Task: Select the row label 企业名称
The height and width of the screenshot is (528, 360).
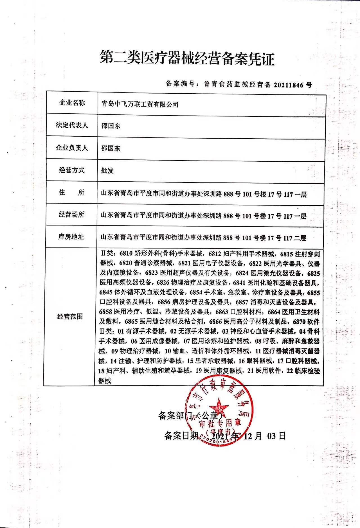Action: [x=72, y=103]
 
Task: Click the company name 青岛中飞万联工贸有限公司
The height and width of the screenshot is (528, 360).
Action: [x=140, y=105]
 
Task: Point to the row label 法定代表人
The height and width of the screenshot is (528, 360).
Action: [x=72, y=125]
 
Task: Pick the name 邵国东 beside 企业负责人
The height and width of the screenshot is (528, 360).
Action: [x=111, y=148]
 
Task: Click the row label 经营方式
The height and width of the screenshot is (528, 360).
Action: [x=72, y=170]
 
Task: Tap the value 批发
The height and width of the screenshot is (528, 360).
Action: [x=107, y=171]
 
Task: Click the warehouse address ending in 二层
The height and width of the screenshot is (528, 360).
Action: [x=203, y=238]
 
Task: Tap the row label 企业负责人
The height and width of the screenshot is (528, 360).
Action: [x=72, y=148]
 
